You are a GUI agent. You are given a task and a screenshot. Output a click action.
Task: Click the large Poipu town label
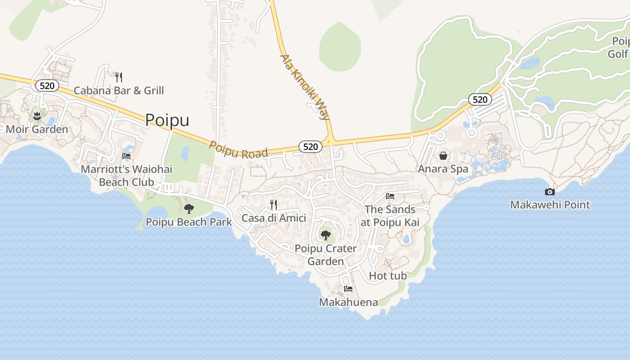167,120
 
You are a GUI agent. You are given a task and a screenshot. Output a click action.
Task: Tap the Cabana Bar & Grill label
119,90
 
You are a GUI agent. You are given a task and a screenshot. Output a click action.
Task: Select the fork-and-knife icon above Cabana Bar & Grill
119,77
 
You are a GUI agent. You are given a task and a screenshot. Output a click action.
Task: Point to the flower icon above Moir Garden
37,116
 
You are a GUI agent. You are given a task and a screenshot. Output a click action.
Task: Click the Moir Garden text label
37,130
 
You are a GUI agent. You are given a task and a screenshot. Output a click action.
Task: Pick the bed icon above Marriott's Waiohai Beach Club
126,156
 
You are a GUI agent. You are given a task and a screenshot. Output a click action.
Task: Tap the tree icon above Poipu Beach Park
189,208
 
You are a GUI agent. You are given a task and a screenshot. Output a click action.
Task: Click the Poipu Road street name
239,151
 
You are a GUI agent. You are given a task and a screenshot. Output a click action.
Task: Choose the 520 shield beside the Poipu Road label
310,147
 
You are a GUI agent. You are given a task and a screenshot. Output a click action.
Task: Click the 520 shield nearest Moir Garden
47,85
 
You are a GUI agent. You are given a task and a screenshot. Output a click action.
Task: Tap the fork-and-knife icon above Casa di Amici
274,205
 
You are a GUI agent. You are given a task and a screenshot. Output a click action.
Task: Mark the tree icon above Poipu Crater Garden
325,235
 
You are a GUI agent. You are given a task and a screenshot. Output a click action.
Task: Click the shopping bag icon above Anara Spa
443,156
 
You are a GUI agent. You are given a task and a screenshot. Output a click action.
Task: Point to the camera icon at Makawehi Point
549,192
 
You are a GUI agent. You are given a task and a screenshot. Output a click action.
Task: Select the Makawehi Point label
550,205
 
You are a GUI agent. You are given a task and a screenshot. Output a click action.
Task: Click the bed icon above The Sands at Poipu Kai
390,196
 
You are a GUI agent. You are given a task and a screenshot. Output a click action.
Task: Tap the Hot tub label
388,276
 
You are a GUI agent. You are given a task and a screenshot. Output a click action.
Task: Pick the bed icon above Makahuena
348,289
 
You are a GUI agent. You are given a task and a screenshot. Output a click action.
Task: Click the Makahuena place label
348,302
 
